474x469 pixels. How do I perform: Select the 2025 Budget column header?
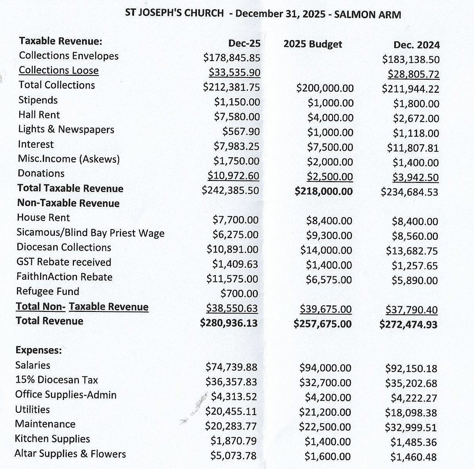coord(313,44)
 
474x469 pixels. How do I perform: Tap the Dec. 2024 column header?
coord(416,45)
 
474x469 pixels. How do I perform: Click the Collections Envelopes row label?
coord(69,56)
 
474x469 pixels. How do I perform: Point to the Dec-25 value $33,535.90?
coord(234,72)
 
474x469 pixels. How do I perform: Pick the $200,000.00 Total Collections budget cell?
coord(325,88)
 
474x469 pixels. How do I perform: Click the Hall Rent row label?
coord(39,115)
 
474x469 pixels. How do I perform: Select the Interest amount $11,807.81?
coord(413,148)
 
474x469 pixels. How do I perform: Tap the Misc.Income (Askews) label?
coord(69,159)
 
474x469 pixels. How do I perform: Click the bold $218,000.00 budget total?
coord(324,191)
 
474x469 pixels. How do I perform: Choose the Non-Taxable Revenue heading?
coord(68,203)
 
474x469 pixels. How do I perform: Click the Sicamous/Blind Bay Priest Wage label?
coord(90,233)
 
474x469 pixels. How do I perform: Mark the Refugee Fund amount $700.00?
coord(239,293)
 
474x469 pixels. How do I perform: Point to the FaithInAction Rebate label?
coord(64,277)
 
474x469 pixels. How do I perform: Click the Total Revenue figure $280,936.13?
coord(229,323)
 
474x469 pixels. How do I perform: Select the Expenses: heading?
coord(39,350)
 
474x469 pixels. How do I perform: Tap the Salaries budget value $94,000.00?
coord(325,368)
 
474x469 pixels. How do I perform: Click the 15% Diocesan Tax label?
coord(56,380)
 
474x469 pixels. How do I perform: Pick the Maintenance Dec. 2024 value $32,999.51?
coord(411,427)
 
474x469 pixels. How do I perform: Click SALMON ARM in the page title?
coord(367,15)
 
